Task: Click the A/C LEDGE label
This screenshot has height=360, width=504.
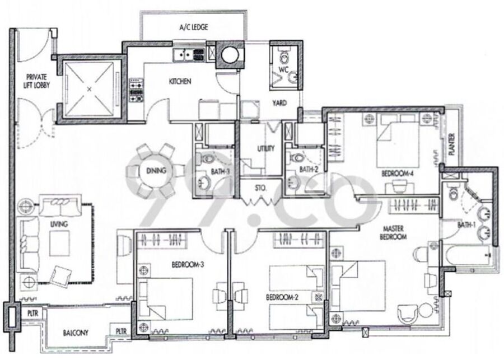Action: click(x=194, y=27)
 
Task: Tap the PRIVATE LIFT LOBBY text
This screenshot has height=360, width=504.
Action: click(x=36, y=81)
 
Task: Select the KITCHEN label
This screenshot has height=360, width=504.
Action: click(x=180, y=81)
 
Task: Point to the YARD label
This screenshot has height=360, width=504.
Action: click(x=279, y=103)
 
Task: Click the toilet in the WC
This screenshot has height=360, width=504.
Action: click(x=284, y=57)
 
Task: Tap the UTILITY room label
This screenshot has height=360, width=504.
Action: click(x=266, y=148)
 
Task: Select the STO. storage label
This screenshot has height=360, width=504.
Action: click(x=260, y=188)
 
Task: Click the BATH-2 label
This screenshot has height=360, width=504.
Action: click(x=309, y=170)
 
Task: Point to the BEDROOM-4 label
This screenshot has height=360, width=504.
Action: click(x=397, y=174)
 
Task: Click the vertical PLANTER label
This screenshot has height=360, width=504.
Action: click(x=452, y=144)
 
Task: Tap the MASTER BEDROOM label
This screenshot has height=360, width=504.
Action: click(x=393, y=233)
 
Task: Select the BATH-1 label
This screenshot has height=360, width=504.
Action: click(x=466, y=225)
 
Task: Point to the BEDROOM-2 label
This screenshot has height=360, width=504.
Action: click(x=282, y=297)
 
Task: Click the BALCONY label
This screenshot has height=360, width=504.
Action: click(x=76, y=333)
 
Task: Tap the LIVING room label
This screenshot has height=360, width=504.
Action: click(x=59, y=224)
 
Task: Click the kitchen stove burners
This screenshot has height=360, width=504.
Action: click(x=136, y=90)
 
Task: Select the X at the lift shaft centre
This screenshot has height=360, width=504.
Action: click(x=90, y=89)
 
